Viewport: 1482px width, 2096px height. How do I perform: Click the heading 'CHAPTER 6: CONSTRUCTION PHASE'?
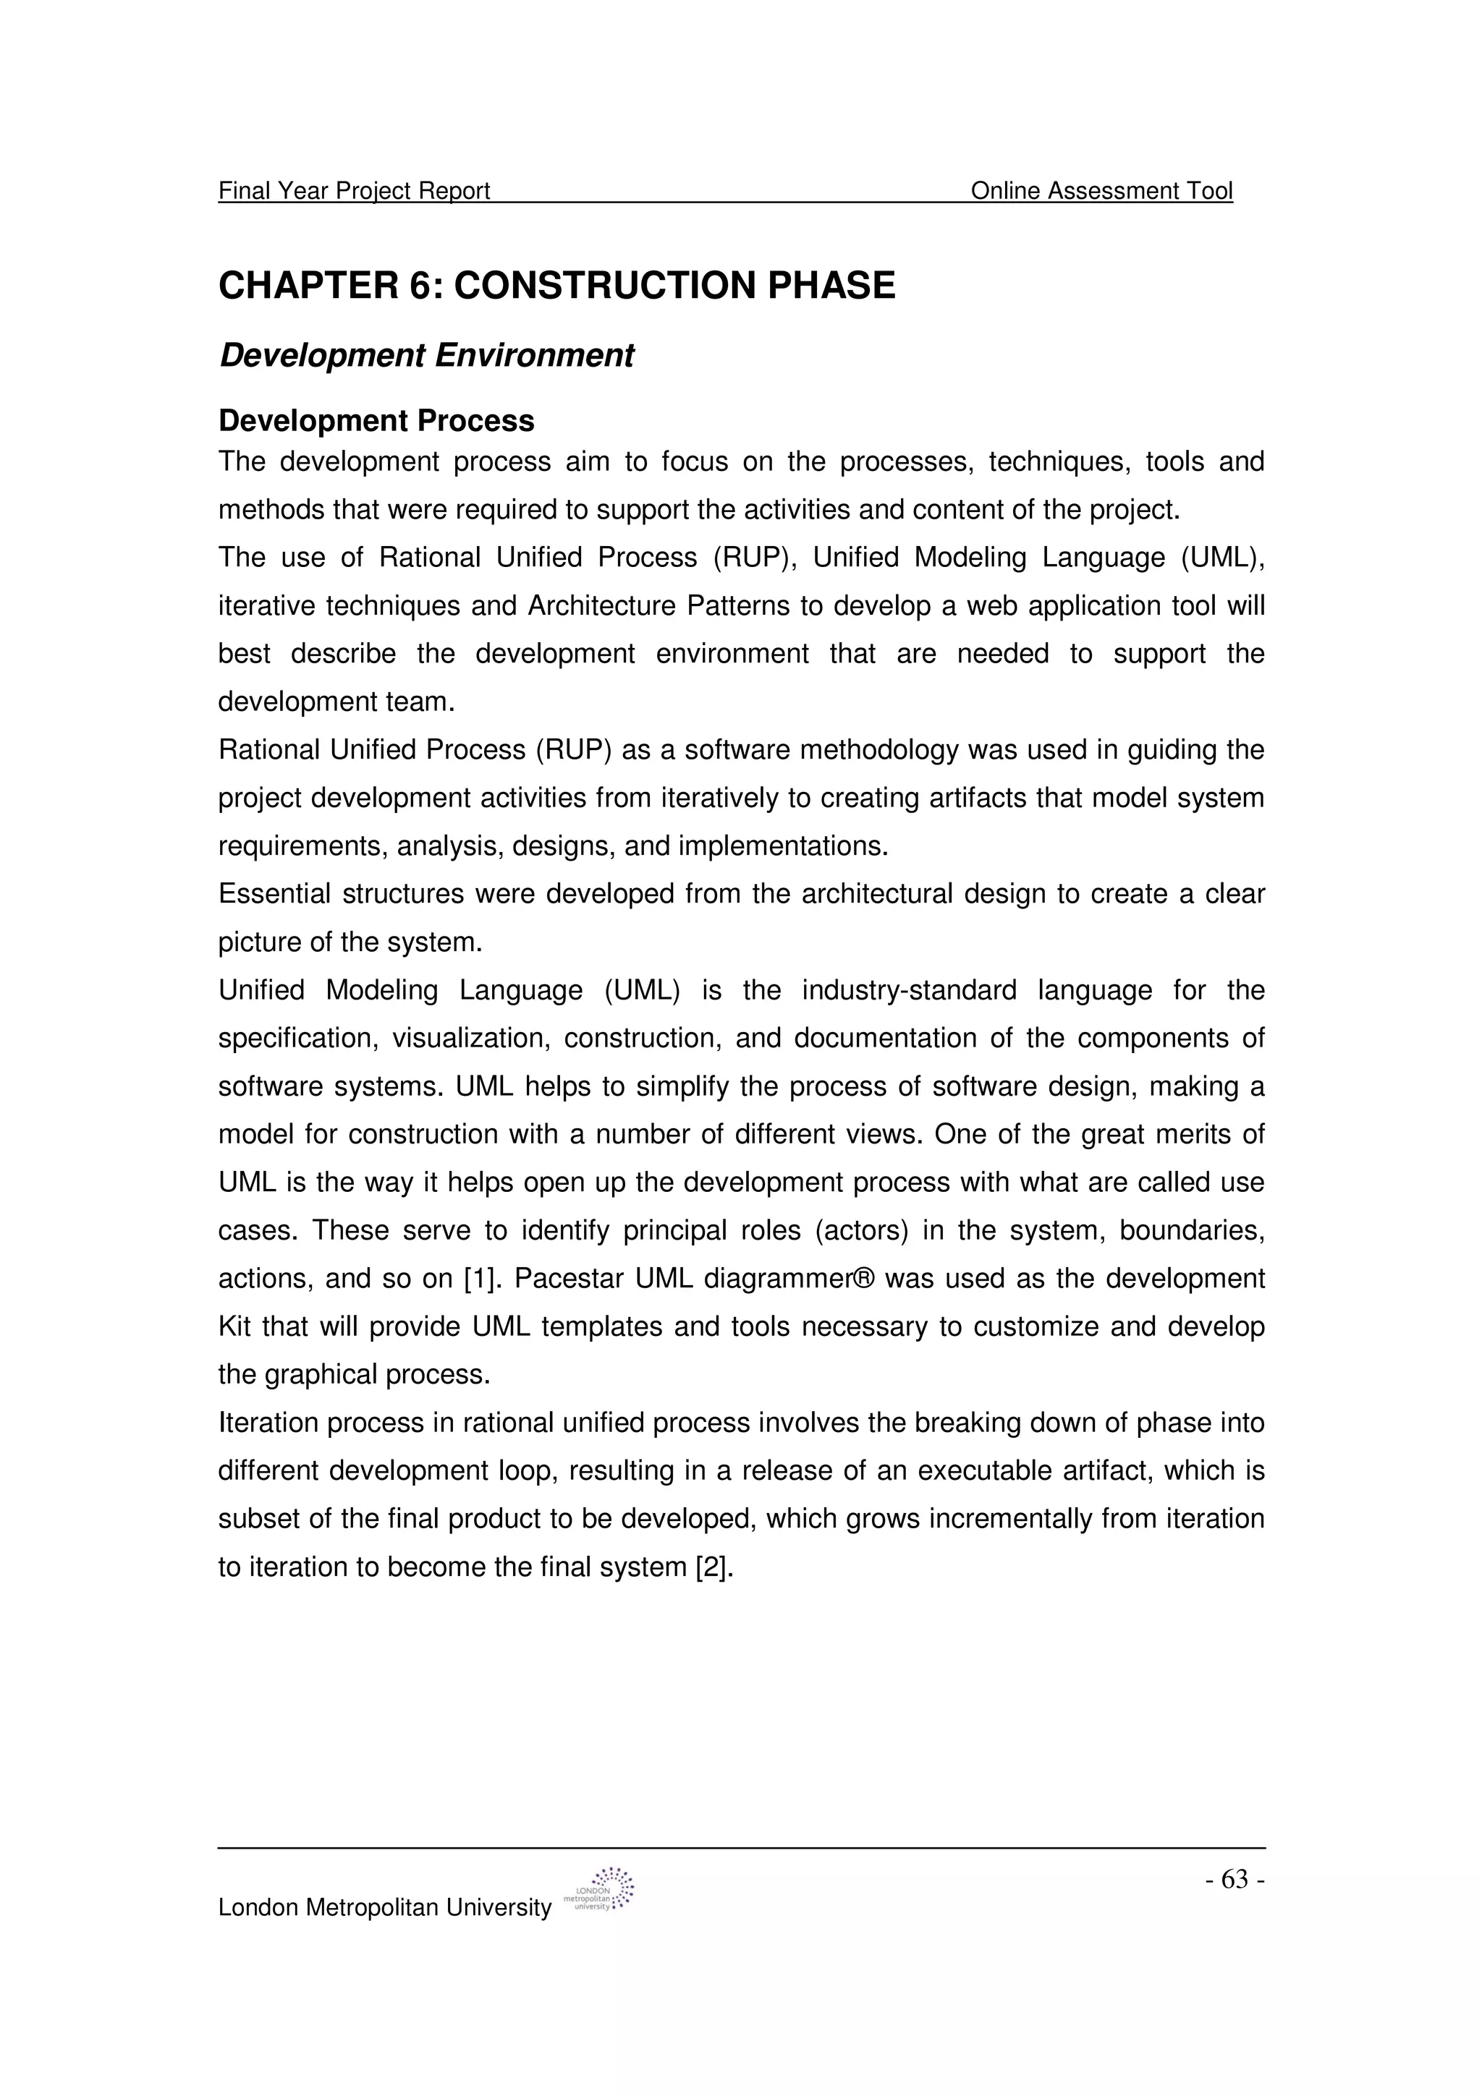557,286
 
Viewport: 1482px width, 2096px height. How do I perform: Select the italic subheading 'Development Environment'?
426,355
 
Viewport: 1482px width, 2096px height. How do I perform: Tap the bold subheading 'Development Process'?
376,421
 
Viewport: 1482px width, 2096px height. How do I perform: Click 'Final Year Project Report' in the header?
355,191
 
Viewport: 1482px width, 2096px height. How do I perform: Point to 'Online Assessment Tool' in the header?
1101,191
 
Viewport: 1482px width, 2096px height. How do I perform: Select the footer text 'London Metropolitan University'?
384,1907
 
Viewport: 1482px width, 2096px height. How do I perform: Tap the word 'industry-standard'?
909,990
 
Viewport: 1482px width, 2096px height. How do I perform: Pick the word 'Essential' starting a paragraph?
274,894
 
